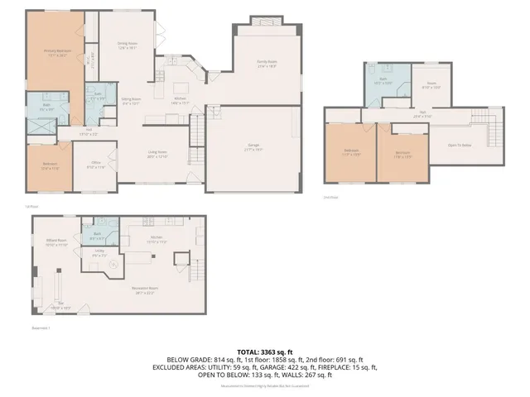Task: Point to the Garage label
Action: pyautogui.click(x=253, y=146)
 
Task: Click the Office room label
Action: pyautogui.click(x=96, y=166)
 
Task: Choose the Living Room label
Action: pyautogui.click(x=157, y=153)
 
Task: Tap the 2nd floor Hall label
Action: pyautogui.click(x=422, y=114)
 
